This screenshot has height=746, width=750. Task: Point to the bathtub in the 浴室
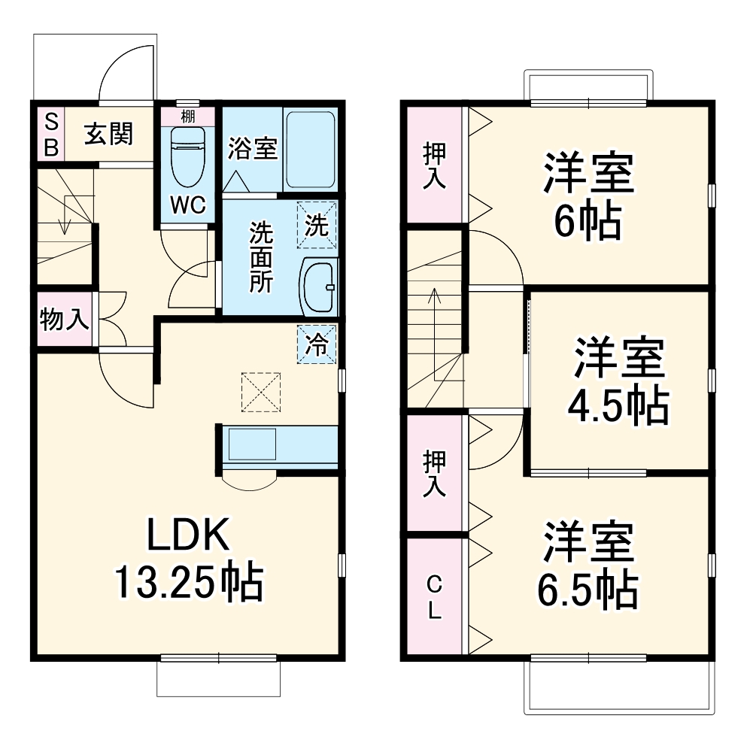[x=310, y=150]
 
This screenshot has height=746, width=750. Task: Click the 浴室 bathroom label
[x=252, y=148]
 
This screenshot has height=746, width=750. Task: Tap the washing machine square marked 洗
[x=317, y=225]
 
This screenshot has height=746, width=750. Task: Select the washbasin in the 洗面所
[x=319, y=287]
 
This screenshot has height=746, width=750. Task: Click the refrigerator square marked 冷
[x=317, y=344]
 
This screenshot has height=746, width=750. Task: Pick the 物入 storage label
[x=64, y=320]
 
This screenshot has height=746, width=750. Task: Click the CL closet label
[x=434, y=597]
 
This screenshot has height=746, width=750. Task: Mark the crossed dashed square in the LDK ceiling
[x=260, y=392]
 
